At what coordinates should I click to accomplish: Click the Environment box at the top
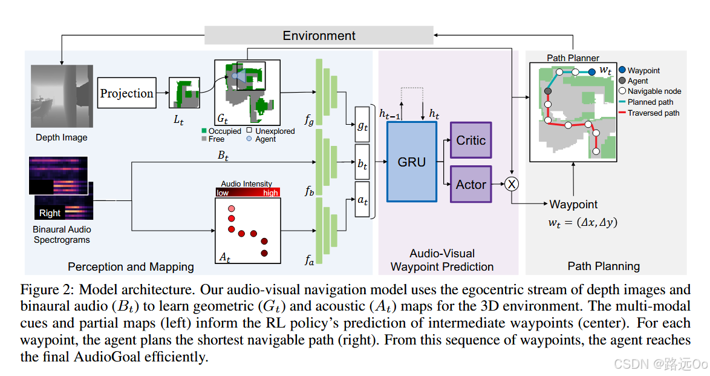coord(319,35)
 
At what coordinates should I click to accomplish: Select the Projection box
coord(126,93)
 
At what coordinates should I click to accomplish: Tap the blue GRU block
coord(411,162)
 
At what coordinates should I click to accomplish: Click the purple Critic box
coord(471,140)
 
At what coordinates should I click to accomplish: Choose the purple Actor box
coord(471,184)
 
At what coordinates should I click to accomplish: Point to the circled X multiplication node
coord(512,184)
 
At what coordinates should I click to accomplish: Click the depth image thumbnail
coord(61,97)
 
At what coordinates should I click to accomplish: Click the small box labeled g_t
coord(362,126)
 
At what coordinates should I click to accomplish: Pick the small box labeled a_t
coord(362,199)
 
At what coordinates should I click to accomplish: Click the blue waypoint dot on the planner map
coord(592,72)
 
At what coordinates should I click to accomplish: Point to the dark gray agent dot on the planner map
coord(547,91)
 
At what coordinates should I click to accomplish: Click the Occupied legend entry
coord(221,131)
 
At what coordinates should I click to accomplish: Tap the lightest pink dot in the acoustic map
coord(231,209)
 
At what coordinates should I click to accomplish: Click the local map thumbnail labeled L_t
coord(184,93)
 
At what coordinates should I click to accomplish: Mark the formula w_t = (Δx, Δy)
coord(582,222)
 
